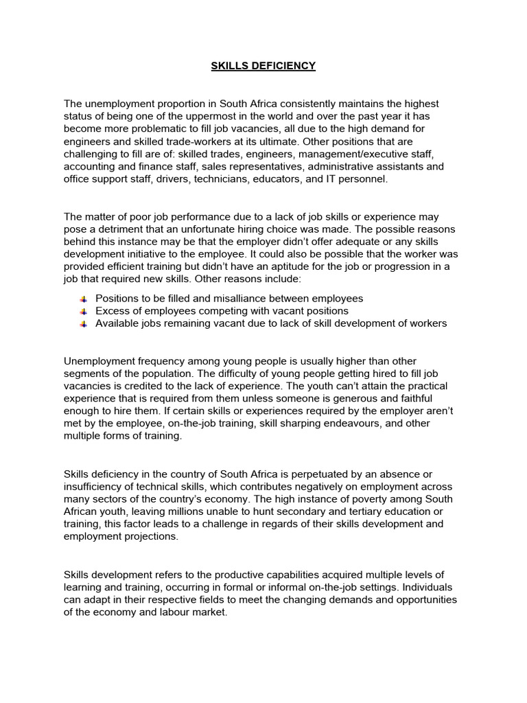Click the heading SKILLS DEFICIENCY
(x=263, y=66)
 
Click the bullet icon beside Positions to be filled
(x=82, y=299)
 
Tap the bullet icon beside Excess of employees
(x=82, y=312)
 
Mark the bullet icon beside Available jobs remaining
(x=82, y=324)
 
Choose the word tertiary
(x=343, y=511)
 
